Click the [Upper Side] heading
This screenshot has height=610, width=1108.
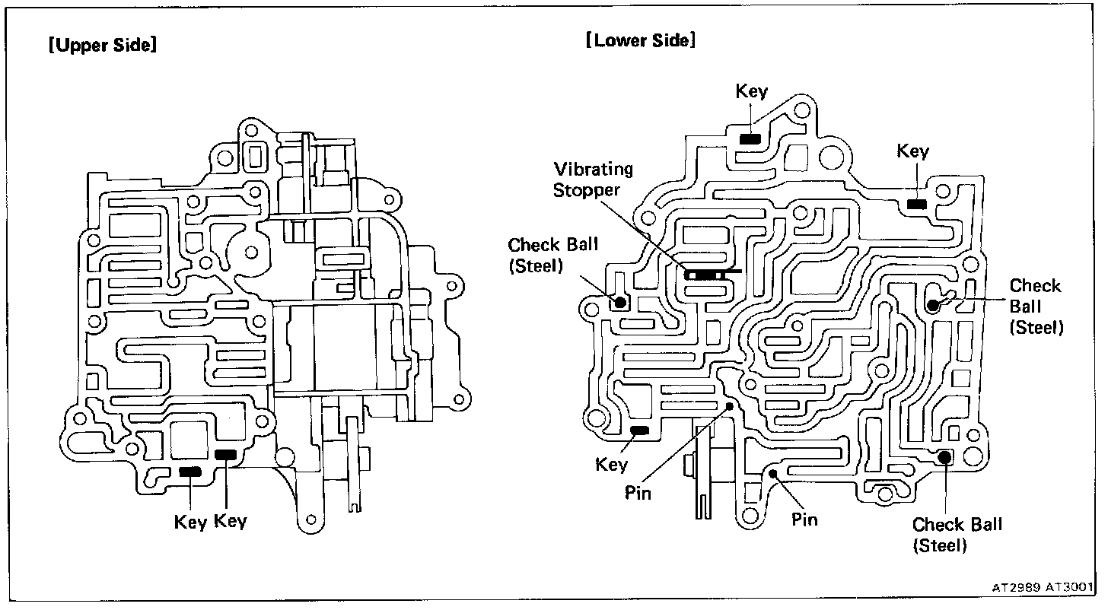(x=102, y=46)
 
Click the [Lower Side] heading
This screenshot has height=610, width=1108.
(x=640, y=40)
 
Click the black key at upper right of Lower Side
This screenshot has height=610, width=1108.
(x=916, y=204)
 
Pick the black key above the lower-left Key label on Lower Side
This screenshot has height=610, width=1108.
(x=639, y=430)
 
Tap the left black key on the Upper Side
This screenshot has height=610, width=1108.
(x=189, y=472)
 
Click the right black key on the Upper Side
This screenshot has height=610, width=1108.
(x=226, y=455)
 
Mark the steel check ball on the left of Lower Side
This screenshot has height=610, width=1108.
(x=620, y=303)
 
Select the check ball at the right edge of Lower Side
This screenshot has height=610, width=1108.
(x=933, y=306)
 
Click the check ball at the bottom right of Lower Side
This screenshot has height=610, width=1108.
(x=944, y=457)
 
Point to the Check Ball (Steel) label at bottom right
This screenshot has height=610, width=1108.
(x=957, y=535)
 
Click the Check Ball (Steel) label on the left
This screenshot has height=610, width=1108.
(x=552, y=255)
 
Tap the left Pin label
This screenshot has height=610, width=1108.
(x=638, y=493)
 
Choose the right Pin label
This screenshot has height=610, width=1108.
(x=804, y=520)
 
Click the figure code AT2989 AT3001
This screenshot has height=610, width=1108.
(x=1040, y=588)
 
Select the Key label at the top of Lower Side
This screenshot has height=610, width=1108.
(x=751, y=92)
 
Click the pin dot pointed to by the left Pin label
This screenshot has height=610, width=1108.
(x=730, y=406)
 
